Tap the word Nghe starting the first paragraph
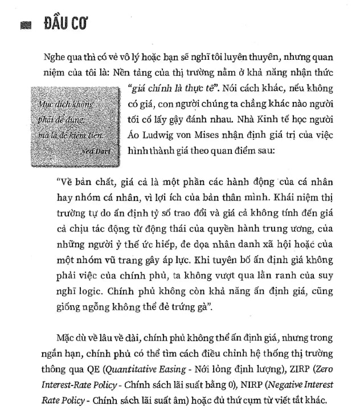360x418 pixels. pyautogui.click(x=54, y=58)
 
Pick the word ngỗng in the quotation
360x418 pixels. pyautogui.click(x=100, y=308)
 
